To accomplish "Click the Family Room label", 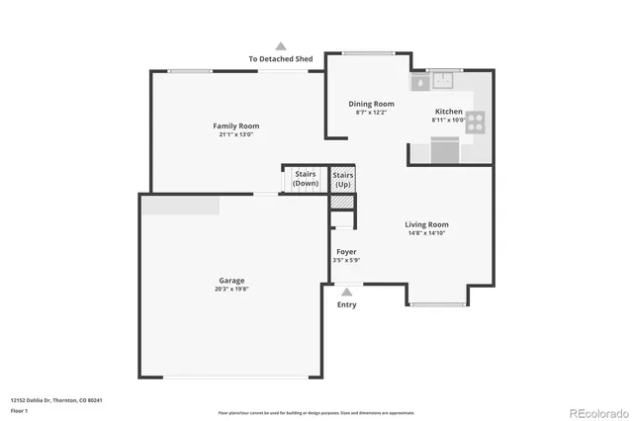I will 235,126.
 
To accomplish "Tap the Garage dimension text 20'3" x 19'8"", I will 232,290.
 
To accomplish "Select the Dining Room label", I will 371,104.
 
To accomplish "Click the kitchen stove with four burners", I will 476,122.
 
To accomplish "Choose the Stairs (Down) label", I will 305,179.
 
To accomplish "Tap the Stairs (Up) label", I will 342,179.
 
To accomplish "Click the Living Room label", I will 426,224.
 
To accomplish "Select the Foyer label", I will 346,252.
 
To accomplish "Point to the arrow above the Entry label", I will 346,291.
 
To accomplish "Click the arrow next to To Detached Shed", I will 281,45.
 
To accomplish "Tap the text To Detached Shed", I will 281,59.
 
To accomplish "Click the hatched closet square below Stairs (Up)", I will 341,202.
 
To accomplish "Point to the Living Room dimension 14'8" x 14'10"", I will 426,233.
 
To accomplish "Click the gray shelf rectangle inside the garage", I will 180,205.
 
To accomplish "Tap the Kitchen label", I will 448,112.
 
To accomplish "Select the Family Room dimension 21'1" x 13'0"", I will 235,134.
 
